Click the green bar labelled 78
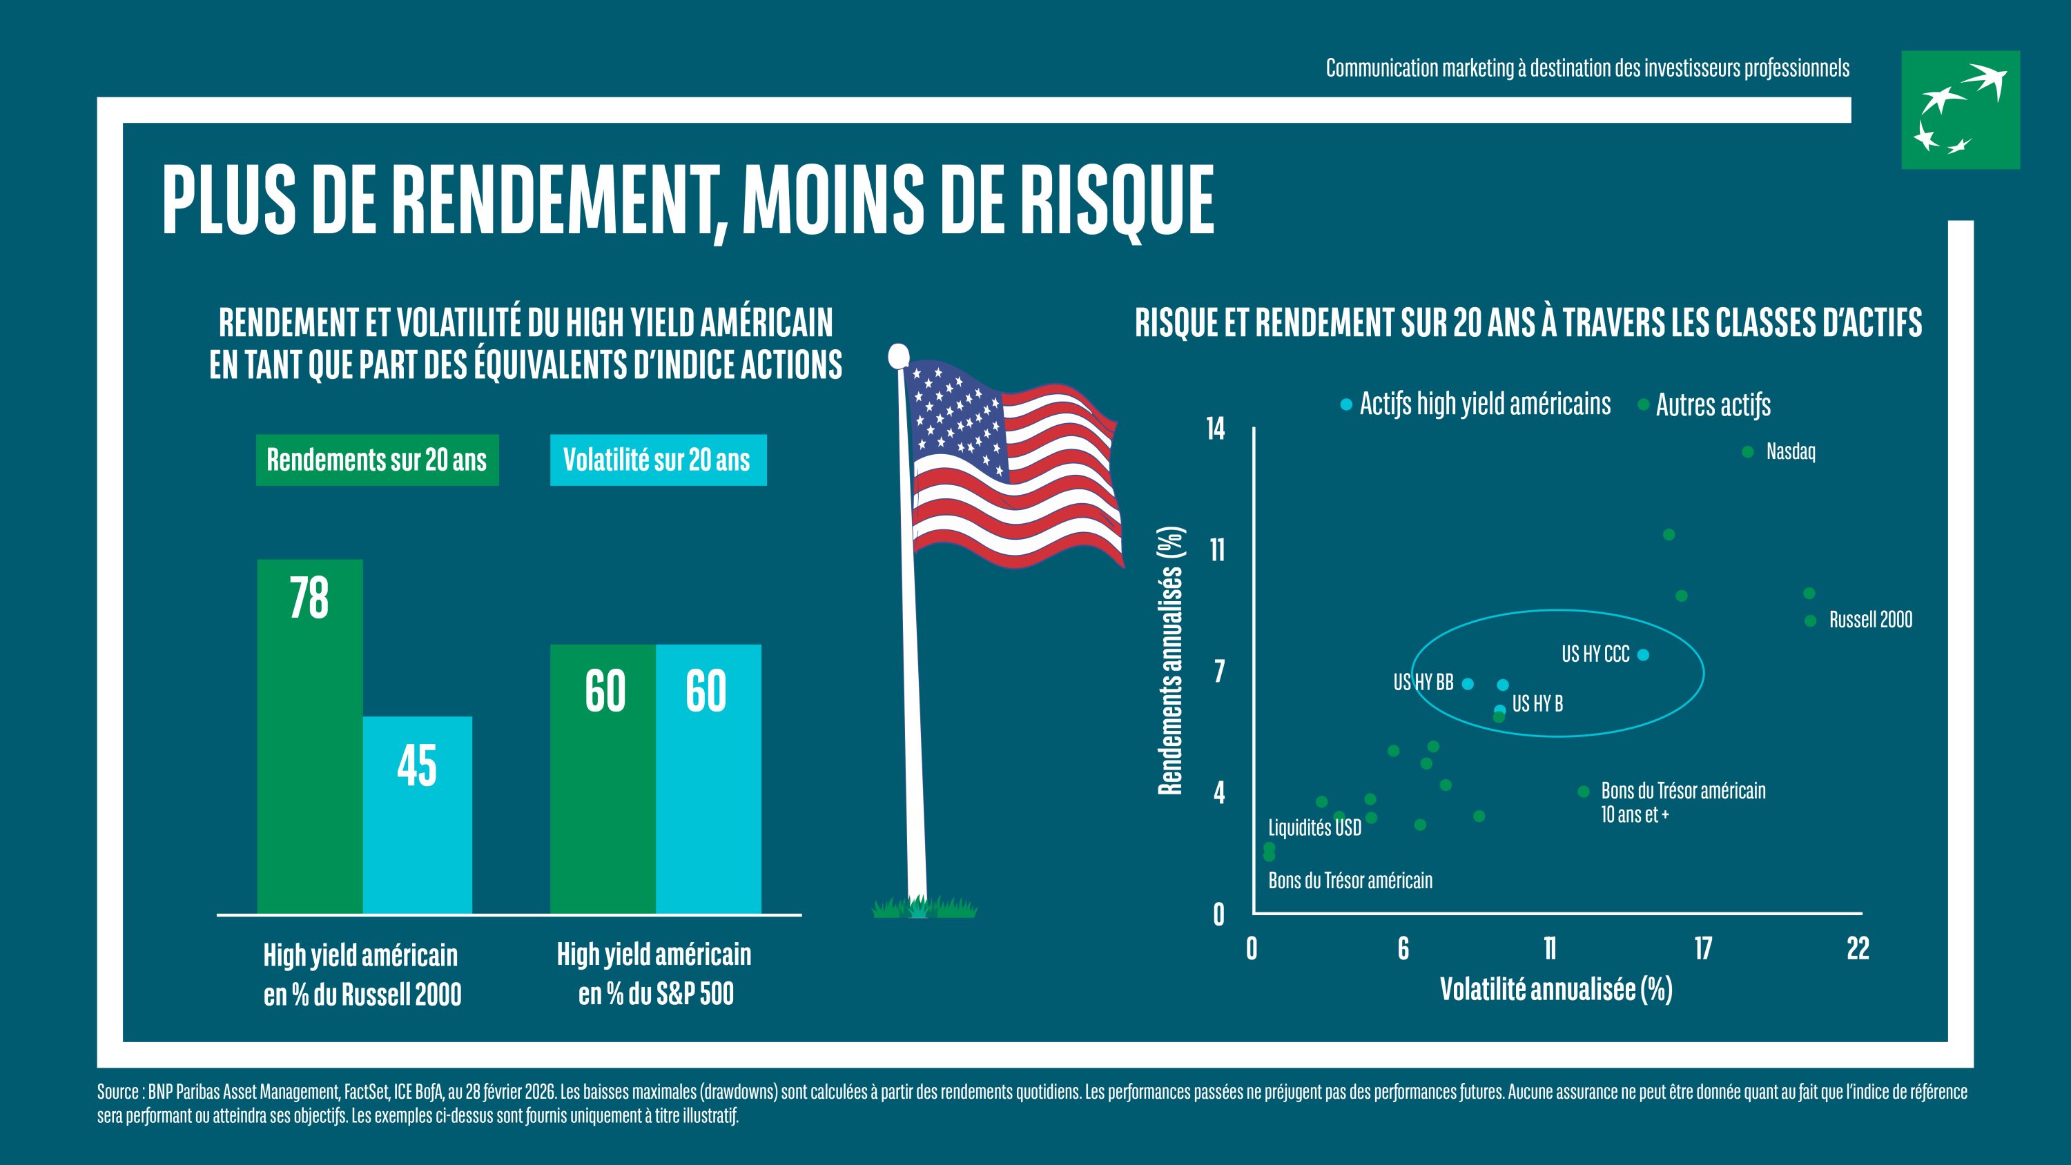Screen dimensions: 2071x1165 pyautogui.click(x=309, y=736)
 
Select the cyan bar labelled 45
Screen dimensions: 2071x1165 pyautogui.click(x=417, y=814)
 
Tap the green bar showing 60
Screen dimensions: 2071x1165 pyautogui.click(x=603, y=779)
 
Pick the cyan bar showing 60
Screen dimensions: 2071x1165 pyautogui.click(x=708, y=779)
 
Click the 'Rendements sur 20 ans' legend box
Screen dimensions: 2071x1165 pyautogui.click(x=377, y=460)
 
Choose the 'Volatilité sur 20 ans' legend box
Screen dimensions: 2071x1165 pyautogui.click(x=658, y=460)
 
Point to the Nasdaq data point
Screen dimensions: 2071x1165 pyautogui.click(x=1747, y=452)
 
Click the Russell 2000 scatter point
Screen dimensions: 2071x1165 pyautogui.click(x=1811, y=620)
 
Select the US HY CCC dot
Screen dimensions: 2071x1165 pyautogui.click(x=1643, y=654)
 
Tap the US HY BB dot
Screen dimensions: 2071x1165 pyautogui.click(x=1467, y=683)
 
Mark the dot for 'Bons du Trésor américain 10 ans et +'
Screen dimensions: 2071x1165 pyautogui.click(x=1583, y=791)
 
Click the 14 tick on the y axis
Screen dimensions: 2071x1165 pyautogui.click(x=1216, y=429)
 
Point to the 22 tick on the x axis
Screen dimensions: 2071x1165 pyautogui.click(x=1858, y=949)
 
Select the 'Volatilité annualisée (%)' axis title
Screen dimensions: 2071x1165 pyautogui.click(x=1555, y=989)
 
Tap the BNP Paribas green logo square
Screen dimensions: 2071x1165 pyautogui.click(x=1960, y=110)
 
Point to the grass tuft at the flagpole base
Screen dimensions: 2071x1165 pyautogui.click(x=924, y=907)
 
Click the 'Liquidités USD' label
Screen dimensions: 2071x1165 pyautogui.click(x=1314, y=828)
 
